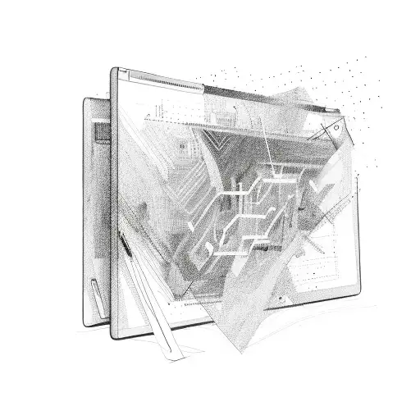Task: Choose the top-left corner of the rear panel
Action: click(x=84, y=101)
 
